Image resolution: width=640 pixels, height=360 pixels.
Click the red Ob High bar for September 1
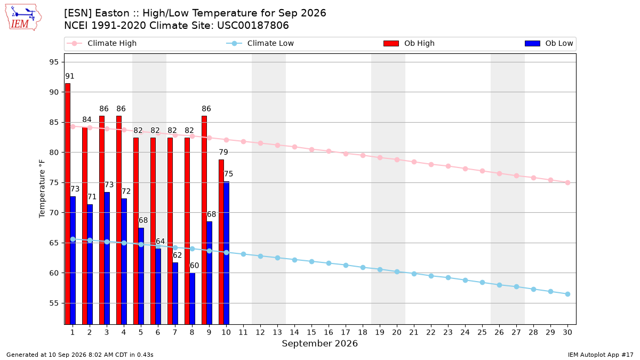tap(68, 204)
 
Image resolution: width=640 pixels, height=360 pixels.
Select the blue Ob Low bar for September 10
tap(226, 253)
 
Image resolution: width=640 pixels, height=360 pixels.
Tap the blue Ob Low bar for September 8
tap(193, 299)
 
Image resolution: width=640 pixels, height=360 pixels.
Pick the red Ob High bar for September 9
tap(204, 220)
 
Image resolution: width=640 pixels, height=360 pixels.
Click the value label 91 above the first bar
tap(70, 76)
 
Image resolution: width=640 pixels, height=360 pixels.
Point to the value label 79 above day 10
tap(223, 152)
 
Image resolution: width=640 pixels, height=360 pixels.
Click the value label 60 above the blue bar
tap(194, 266)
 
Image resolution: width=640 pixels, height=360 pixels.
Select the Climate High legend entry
tap(102, 43)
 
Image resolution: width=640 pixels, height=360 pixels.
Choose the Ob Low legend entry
tap(549, 43)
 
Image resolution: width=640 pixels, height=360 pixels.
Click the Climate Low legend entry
tap(260, 43)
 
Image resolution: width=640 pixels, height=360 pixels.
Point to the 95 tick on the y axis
tap(54, 62)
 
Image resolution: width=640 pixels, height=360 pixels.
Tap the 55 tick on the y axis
tap(54, 303)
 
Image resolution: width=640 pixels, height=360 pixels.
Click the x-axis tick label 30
tap(567, 332)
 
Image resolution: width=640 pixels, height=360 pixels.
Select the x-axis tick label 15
tap(311, 332)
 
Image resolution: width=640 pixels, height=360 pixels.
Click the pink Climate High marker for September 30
tap(567, 182)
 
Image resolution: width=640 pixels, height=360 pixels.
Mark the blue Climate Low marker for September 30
tap(567, 294)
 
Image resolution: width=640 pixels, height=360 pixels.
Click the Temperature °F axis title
tap(42, 189)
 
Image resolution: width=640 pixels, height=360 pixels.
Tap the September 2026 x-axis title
tap(319, 343)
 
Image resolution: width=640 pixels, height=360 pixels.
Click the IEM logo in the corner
tap(23, 18)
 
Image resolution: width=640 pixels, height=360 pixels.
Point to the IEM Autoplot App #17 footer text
tap(601, 355)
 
